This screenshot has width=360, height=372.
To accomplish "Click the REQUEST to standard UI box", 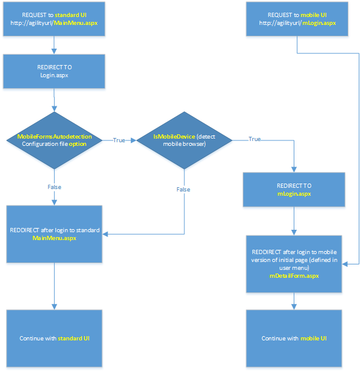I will click(x=54, y=19).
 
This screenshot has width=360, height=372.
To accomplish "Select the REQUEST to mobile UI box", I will click(x=297, y=19).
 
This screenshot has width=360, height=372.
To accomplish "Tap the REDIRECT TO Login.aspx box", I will click(x=54, y=71).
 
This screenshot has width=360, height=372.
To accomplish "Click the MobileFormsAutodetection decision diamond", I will click(x=55, y=140).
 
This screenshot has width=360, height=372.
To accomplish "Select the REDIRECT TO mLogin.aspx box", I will click(x=294, y=189).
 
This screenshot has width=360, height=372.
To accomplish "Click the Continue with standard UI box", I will click(x=54, y=338).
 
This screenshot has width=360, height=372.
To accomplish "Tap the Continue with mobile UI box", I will click(x=294, y=338).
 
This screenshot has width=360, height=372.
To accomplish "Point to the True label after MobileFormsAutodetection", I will click(x=119, y=140).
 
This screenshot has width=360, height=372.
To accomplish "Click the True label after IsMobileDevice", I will click(x=254, y=139).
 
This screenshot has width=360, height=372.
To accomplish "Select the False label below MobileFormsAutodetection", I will click(x=55, y=187).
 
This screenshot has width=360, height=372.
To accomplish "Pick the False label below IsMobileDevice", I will click(x=184, y=189).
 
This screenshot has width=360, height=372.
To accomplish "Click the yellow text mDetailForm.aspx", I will click(x=294, y=276).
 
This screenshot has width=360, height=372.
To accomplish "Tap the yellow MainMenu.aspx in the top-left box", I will click(x=75, y=23).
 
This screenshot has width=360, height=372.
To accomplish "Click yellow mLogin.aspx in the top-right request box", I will click(x=319, y=23).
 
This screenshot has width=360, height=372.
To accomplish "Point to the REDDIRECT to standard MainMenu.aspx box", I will click(x=54, y=234).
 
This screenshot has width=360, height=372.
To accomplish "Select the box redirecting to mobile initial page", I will click(x=294, y=263).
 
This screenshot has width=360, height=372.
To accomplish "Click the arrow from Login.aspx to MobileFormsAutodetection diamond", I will click(x=55, y=100).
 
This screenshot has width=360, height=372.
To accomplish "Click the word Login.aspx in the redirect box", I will click(x=54, y=75).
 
